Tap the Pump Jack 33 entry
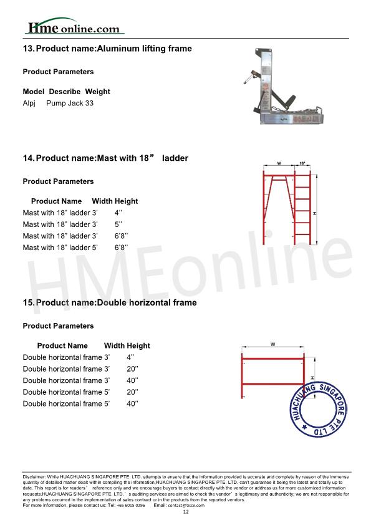click(70, 103)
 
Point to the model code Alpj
click(30, 103)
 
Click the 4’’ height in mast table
click(118, 213)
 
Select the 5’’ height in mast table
click(118, 224)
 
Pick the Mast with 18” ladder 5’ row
click(75, 248)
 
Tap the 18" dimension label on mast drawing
click(302, 163)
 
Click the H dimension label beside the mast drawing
click(314, 214)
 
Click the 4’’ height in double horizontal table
click(130, 357)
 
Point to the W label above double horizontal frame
click(273, 344)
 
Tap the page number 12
click(185, 512)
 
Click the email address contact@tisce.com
click(186, 506)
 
